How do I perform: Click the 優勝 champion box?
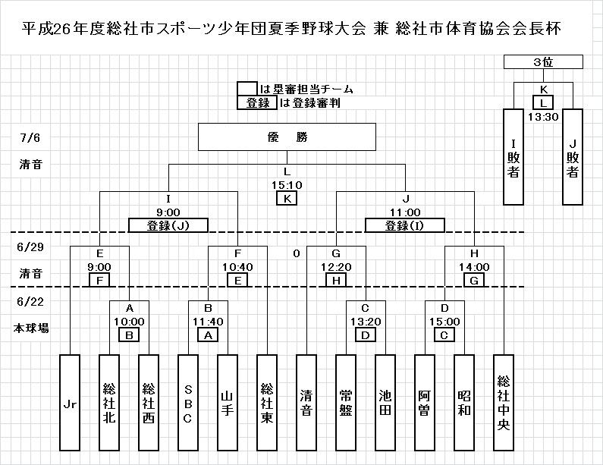pyautogui.click(x=287, y=138)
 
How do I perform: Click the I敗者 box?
pyautogui.click(x=514, y=156)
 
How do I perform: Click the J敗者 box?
pyautogui.click(x=573, y=156)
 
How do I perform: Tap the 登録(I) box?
pyautogui.click(x=406, y=225)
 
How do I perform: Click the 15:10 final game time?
pyautogui.click(x=287, y=184)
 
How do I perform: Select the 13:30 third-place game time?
pyautogui.click(x=544, y=117)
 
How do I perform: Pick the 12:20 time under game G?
pyautogui.click(x=335, y=267)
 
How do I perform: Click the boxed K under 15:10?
pyautogui.click(x=287, y=198)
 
